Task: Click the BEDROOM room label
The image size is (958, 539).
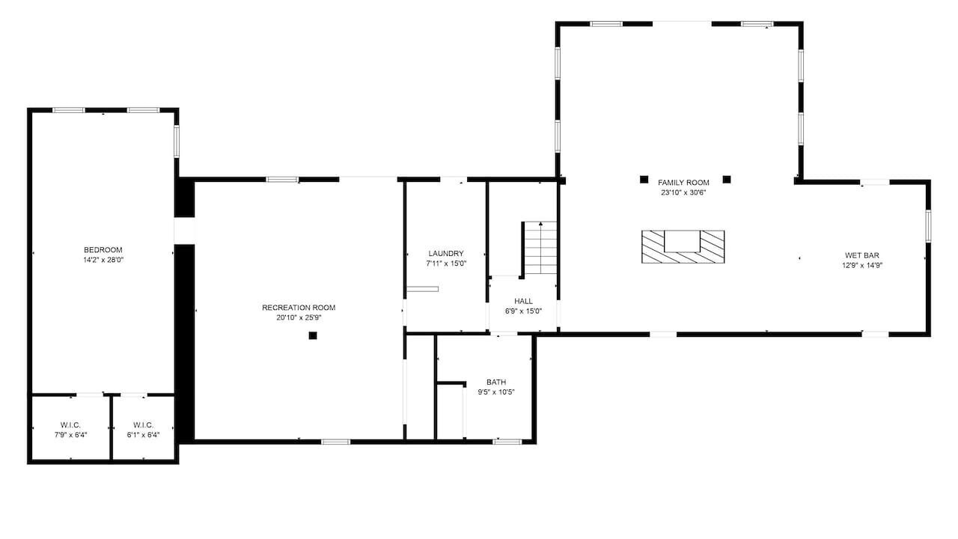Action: point(103,250)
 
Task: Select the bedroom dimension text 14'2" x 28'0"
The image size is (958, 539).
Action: point(103,260)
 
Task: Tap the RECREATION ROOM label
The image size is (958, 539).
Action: point(299,308)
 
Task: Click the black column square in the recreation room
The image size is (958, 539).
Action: point(313,336)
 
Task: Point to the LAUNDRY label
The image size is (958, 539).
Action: point(446,254)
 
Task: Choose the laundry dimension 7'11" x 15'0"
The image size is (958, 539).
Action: point(446,264)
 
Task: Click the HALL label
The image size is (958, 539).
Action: point(523,301)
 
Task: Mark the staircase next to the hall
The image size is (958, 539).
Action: point(540,248)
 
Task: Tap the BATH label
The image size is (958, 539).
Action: point(496,382)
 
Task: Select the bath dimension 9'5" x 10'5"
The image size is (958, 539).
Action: point(496,392)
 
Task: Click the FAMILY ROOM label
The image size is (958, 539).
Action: point(683,183)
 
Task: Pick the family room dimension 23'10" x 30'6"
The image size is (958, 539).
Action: point(683,192)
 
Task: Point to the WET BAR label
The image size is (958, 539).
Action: point(862,255)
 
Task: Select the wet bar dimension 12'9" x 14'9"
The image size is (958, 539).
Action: point(862,265)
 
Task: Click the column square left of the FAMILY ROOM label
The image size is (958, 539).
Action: point(644,180)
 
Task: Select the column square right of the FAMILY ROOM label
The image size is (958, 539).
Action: point(727,180)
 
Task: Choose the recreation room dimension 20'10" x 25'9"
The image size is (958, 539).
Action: point(299,317)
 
